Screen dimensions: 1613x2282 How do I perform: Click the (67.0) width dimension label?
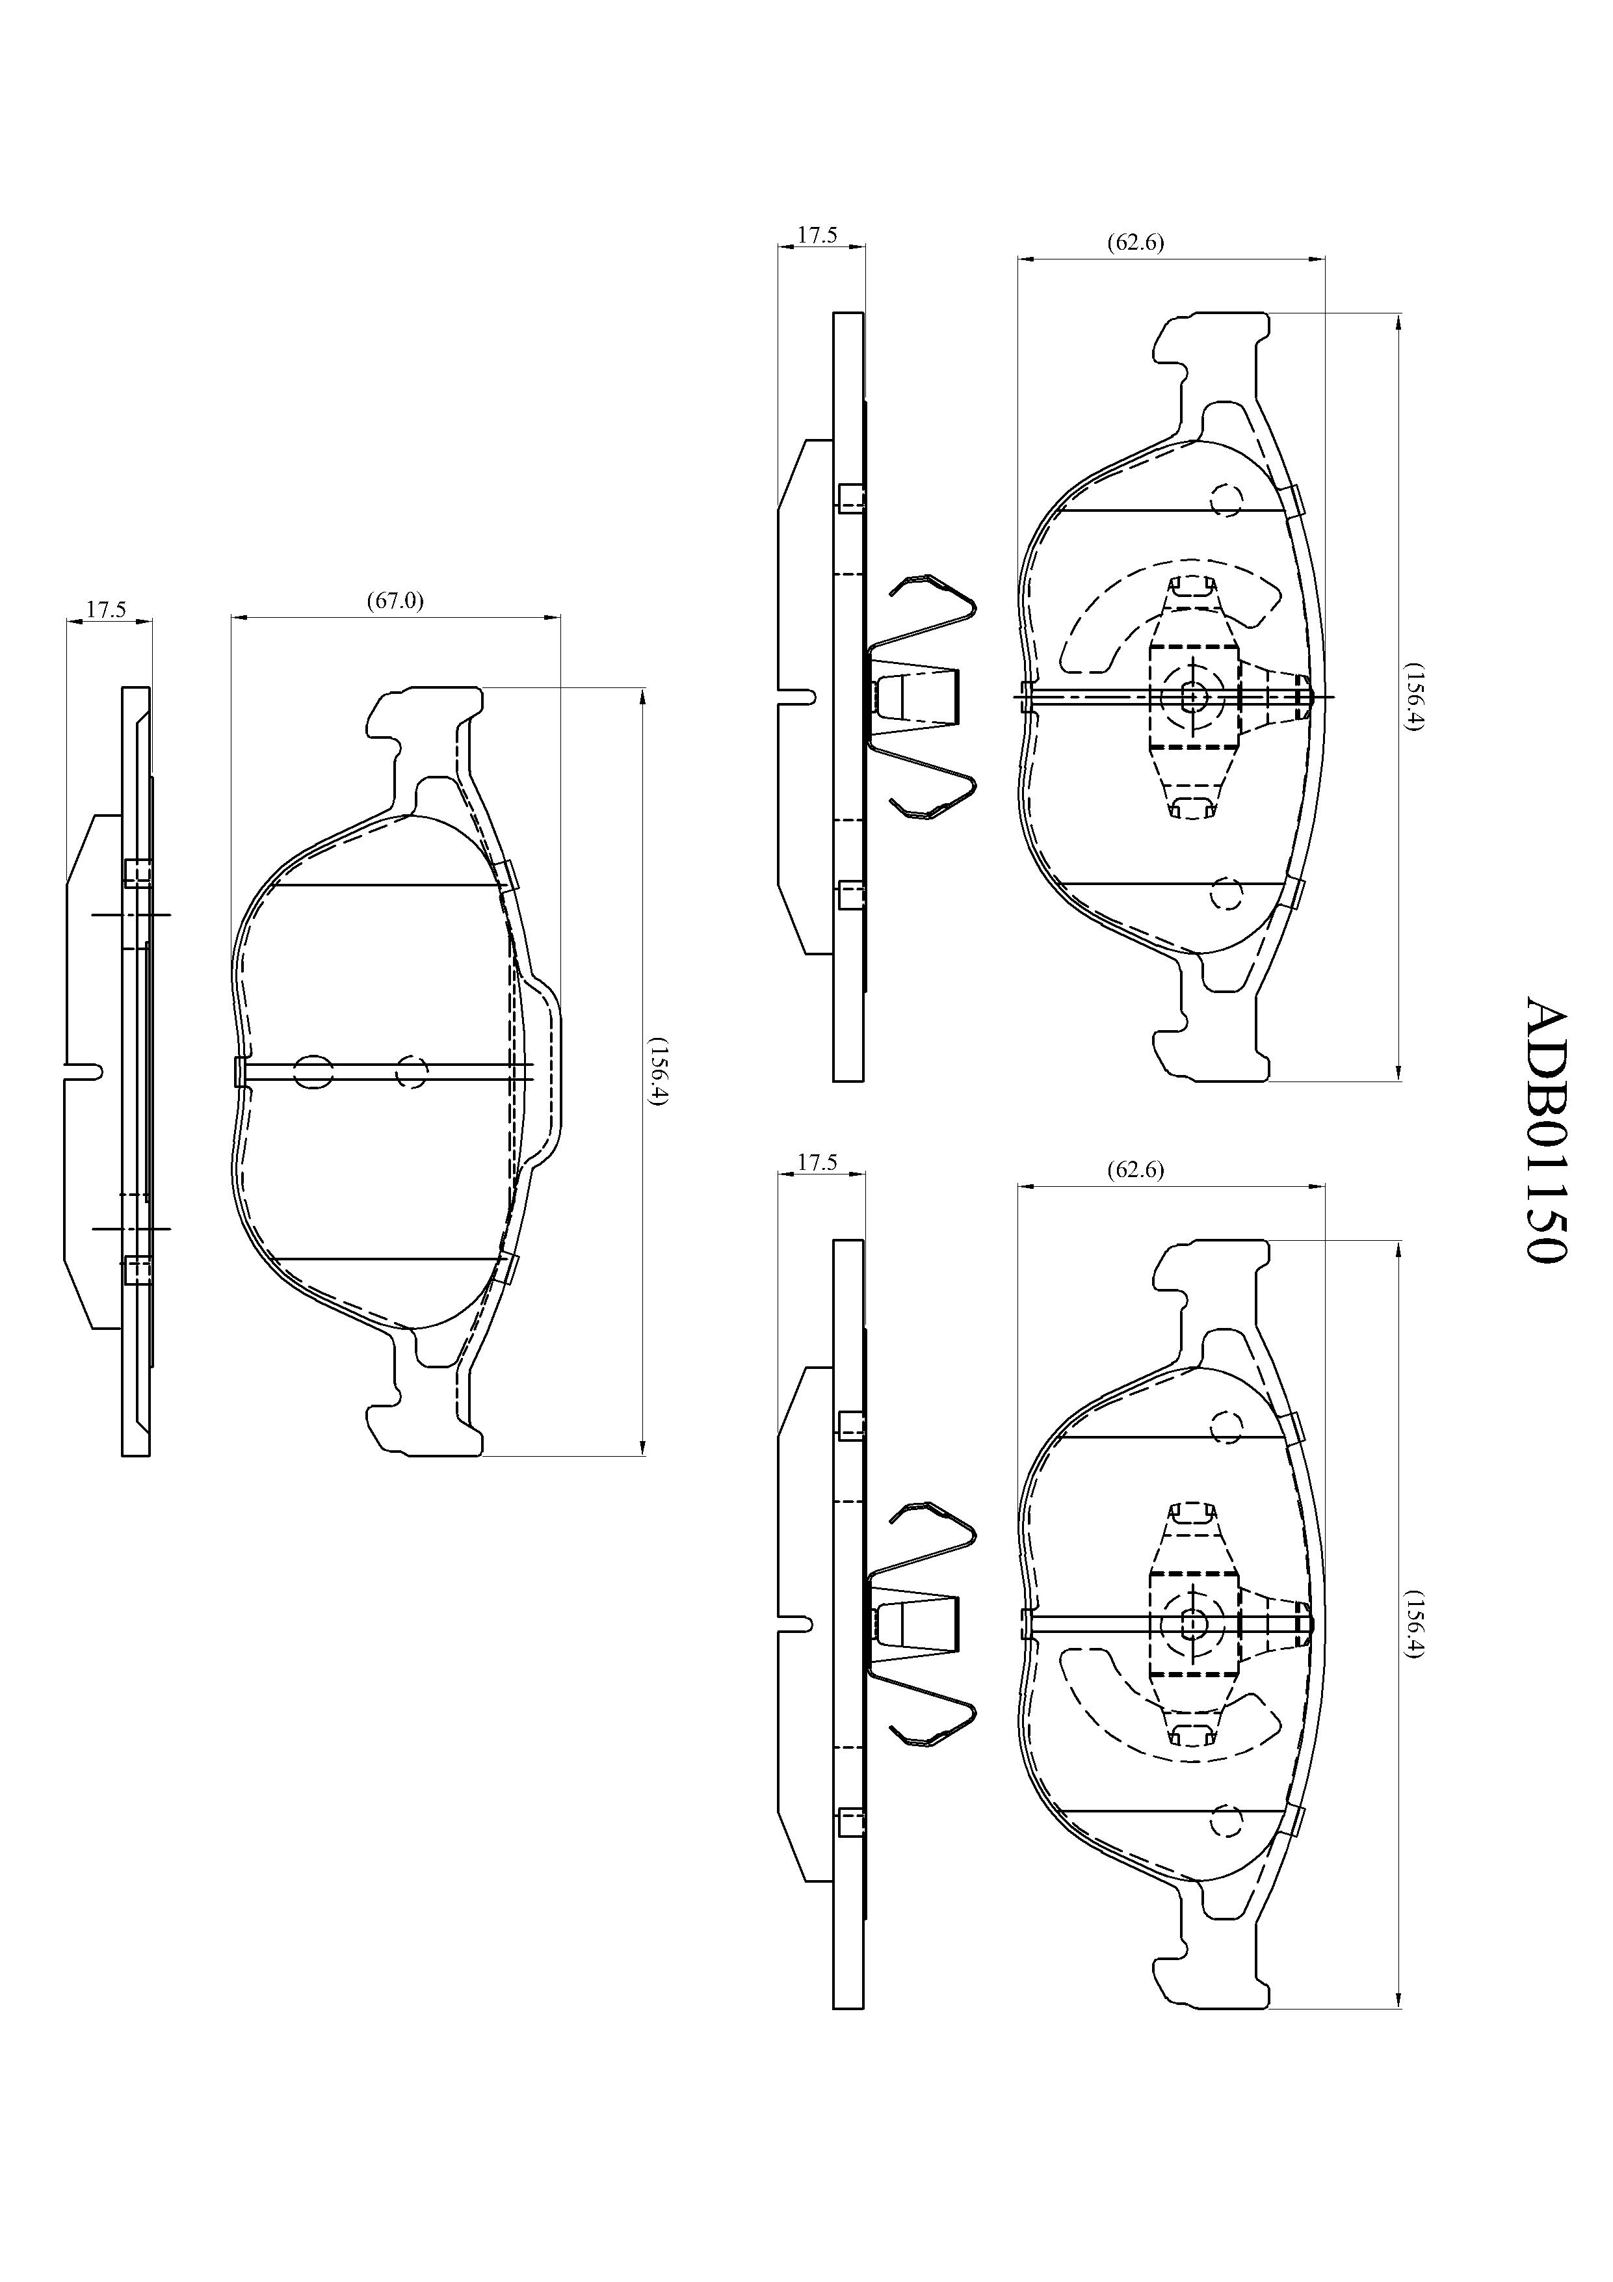[395, 600]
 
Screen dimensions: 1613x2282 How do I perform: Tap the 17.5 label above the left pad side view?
[105, 608]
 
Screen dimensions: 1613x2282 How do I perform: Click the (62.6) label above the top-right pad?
[1135, 241]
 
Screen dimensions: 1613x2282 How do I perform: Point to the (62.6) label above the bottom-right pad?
[1135, 1170]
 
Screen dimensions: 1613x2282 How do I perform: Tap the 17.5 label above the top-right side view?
[818, 235]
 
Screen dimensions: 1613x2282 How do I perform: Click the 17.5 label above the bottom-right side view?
[818, 1162]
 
